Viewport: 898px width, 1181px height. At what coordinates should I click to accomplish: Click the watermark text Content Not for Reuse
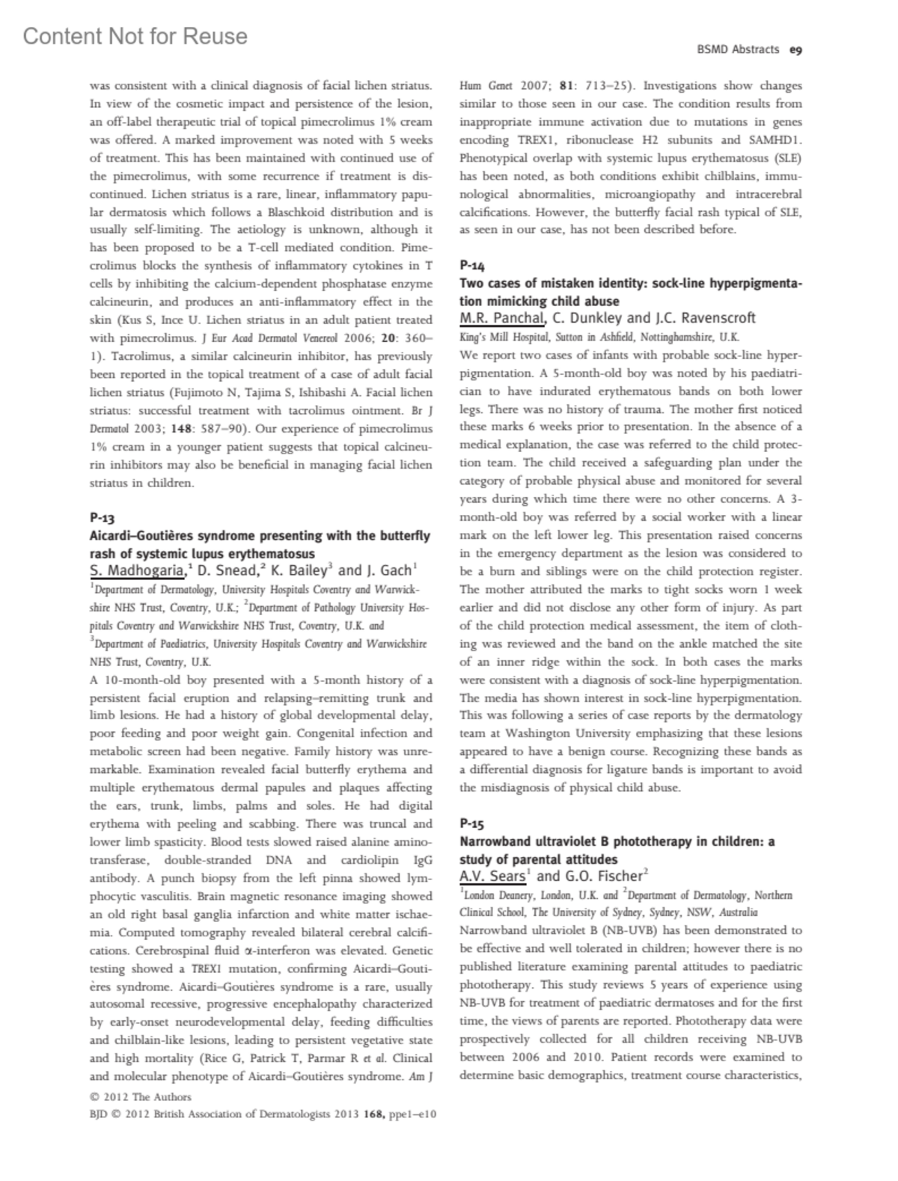pyautogui.click(x=135, y=36)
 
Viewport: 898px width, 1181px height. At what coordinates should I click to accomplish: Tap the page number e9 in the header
pyautogui.click(x=795, y=50)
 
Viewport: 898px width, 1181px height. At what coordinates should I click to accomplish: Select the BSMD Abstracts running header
pyautogui.click(x=738, y=50)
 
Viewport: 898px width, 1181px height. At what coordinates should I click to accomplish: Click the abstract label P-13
pyautogui.click(x=102, y=517)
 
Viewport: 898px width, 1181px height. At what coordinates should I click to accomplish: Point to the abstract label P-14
pyautogui.click(x=472, y=264)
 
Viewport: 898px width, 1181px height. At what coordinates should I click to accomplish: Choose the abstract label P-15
pyautogui.click(x=472, y=823)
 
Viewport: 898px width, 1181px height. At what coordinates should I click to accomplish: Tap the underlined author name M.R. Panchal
pyautogui.click(x=501, y=318)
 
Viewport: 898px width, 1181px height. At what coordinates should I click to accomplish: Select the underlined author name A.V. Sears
pyautogui.click(x=492, y=876)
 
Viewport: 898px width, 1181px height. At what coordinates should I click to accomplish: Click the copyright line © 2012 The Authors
pyautogui.click(x=140, y=1097)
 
